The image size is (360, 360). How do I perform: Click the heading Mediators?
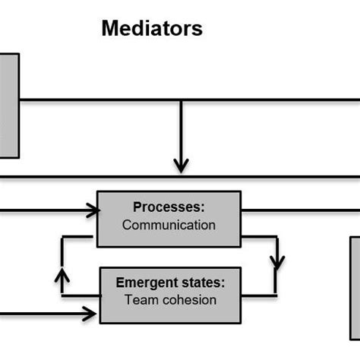(x=152, y=30)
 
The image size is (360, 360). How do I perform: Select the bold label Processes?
(x=169, y=207)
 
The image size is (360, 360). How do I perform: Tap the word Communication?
(x=169, y=225)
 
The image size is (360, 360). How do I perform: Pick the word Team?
(x=138, y=300)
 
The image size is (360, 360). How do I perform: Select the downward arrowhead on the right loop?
(x=277, y=264)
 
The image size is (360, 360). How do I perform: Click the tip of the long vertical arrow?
(x=181, y=168)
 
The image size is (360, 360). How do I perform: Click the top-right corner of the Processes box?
(x=240, y=191)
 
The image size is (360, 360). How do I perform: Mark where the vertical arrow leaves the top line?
(x=181, y=99)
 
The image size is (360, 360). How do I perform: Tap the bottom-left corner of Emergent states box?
(x=100, y=323)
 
